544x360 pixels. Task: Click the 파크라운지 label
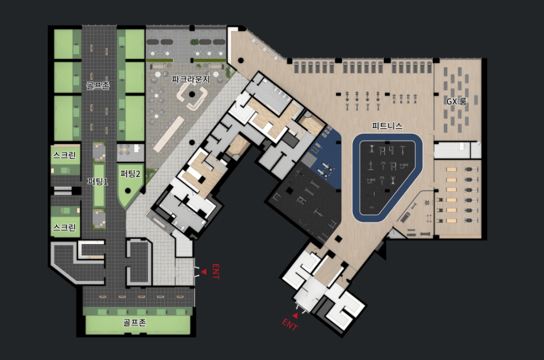click(x=191, y=79)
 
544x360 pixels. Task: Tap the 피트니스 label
click(x=387, y=126)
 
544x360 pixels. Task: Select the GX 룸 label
click(x=456, y=101)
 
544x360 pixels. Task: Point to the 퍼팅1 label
click(x=97, y=181)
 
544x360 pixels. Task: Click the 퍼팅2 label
click(x=130, y=174)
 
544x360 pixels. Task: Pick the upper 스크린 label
click(x=65, y=155)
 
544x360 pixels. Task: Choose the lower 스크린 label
click(x=65, y=227)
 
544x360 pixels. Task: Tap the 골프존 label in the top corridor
click(x=98, y=86)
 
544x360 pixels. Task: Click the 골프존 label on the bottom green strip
click(x=135, y=323)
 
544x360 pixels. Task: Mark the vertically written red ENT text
click(x=216, y=271)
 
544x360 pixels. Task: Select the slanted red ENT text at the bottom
click(x=289, y=325)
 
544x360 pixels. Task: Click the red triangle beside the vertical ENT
click(x=204, y=272)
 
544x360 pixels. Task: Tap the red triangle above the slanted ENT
click(x=295, y=316)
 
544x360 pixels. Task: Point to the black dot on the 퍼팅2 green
click(x=128, y=190)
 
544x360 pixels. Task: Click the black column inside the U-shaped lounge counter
click(x=192, y=94)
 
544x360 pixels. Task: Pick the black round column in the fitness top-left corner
click(x=241, y=61)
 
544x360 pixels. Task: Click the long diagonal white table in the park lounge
click(x=168, y=135)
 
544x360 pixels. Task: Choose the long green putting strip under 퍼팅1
click(x=99, y=186)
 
